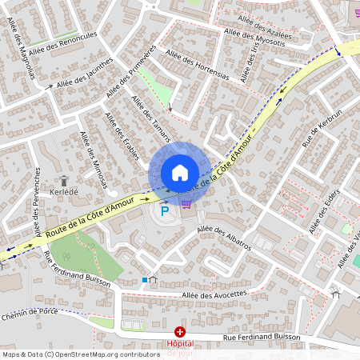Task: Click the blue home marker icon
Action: click(x=180, y=172)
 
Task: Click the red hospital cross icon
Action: click(x=180, y=331)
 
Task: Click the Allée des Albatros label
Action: click(x=224, y=238)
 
